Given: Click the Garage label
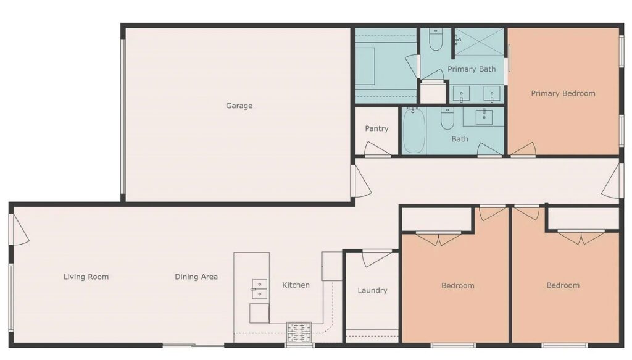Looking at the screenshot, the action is tap(239, 106).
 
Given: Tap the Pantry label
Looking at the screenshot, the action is tap(376, 128).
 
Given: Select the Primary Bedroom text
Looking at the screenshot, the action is tap(563, 93).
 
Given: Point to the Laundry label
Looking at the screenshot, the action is tap(372, 291).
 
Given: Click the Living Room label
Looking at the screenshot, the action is tap(86, 277).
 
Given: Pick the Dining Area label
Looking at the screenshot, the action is tap(196, 277).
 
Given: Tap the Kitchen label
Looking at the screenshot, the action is tap(296, 285).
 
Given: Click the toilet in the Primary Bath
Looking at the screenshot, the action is tap(435, 40).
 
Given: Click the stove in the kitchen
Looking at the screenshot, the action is tap(299, 332).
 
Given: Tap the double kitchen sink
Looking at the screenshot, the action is tap(259, 290).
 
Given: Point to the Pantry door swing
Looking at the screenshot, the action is tap(376, 149).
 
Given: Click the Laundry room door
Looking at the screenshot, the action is tap(376, 258).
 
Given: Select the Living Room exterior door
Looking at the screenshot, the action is tap(20, 229).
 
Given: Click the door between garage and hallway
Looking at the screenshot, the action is tap(361, 182).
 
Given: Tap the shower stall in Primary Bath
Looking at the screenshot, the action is tap(479, 41).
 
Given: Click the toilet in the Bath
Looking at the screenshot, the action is tap(447, 118).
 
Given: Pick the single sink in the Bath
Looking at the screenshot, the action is tap(484, 117).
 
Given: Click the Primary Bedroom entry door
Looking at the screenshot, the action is tap(523, 149).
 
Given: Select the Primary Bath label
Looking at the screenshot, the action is tap(472, 69).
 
